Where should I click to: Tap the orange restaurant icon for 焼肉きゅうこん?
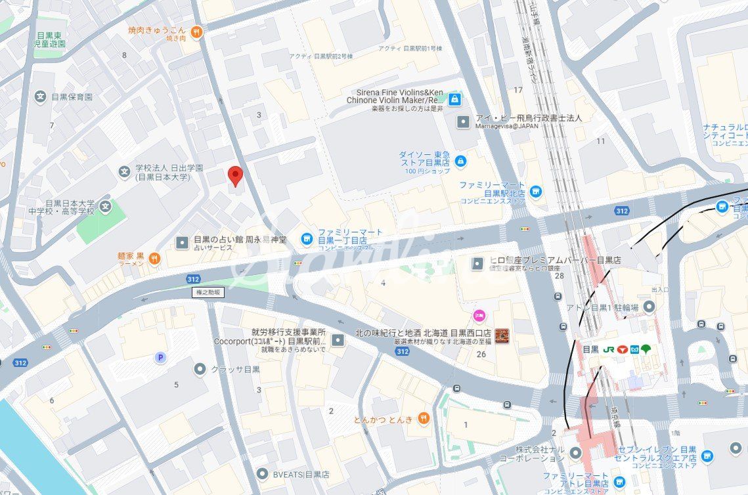pos(196,31)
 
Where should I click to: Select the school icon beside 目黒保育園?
pos(41,97)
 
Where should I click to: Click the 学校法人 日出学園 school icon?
pos(124,172)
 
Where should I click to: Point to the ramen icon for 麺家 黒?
pos(154,258)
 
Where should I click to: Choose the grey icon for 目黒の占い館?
pos(182,243)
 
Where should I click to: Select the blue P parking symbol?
pos(160,357)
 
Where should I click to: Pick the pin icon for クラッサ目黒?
pos(200,369)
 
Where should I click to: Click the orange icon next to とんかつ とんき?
pos(424,418)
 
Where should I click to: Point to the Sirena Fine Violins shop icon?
pos(455,99)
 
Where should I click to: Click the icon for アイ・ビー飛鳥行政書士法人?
pos(464,121)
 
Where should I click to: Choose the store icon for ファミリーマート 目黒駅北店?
pos(537,191)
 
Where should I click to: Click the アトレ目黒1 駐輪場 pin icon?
pos(649,307)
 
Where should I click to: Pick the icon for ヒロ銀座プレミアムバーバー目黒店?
pos(478,263)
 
